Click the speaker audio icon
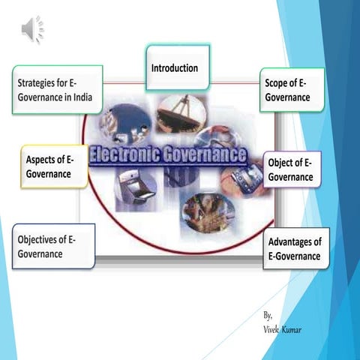[x=32, y=28]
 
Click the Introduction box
[x=177, y=67]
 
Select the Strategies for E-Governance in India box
[x=56, y=89]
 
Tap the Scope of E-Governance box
[x=292, y=89]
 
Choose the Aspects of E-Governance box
[x=52, y=166]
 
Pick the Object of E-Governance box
[x=292, y=169]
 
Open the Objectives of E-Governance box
[x=52, y=246]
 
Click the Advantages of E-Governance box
[x=296, y=248]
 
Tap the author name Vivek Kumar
[x=283, y=330]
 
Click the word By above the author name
[x=268, y=316]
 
